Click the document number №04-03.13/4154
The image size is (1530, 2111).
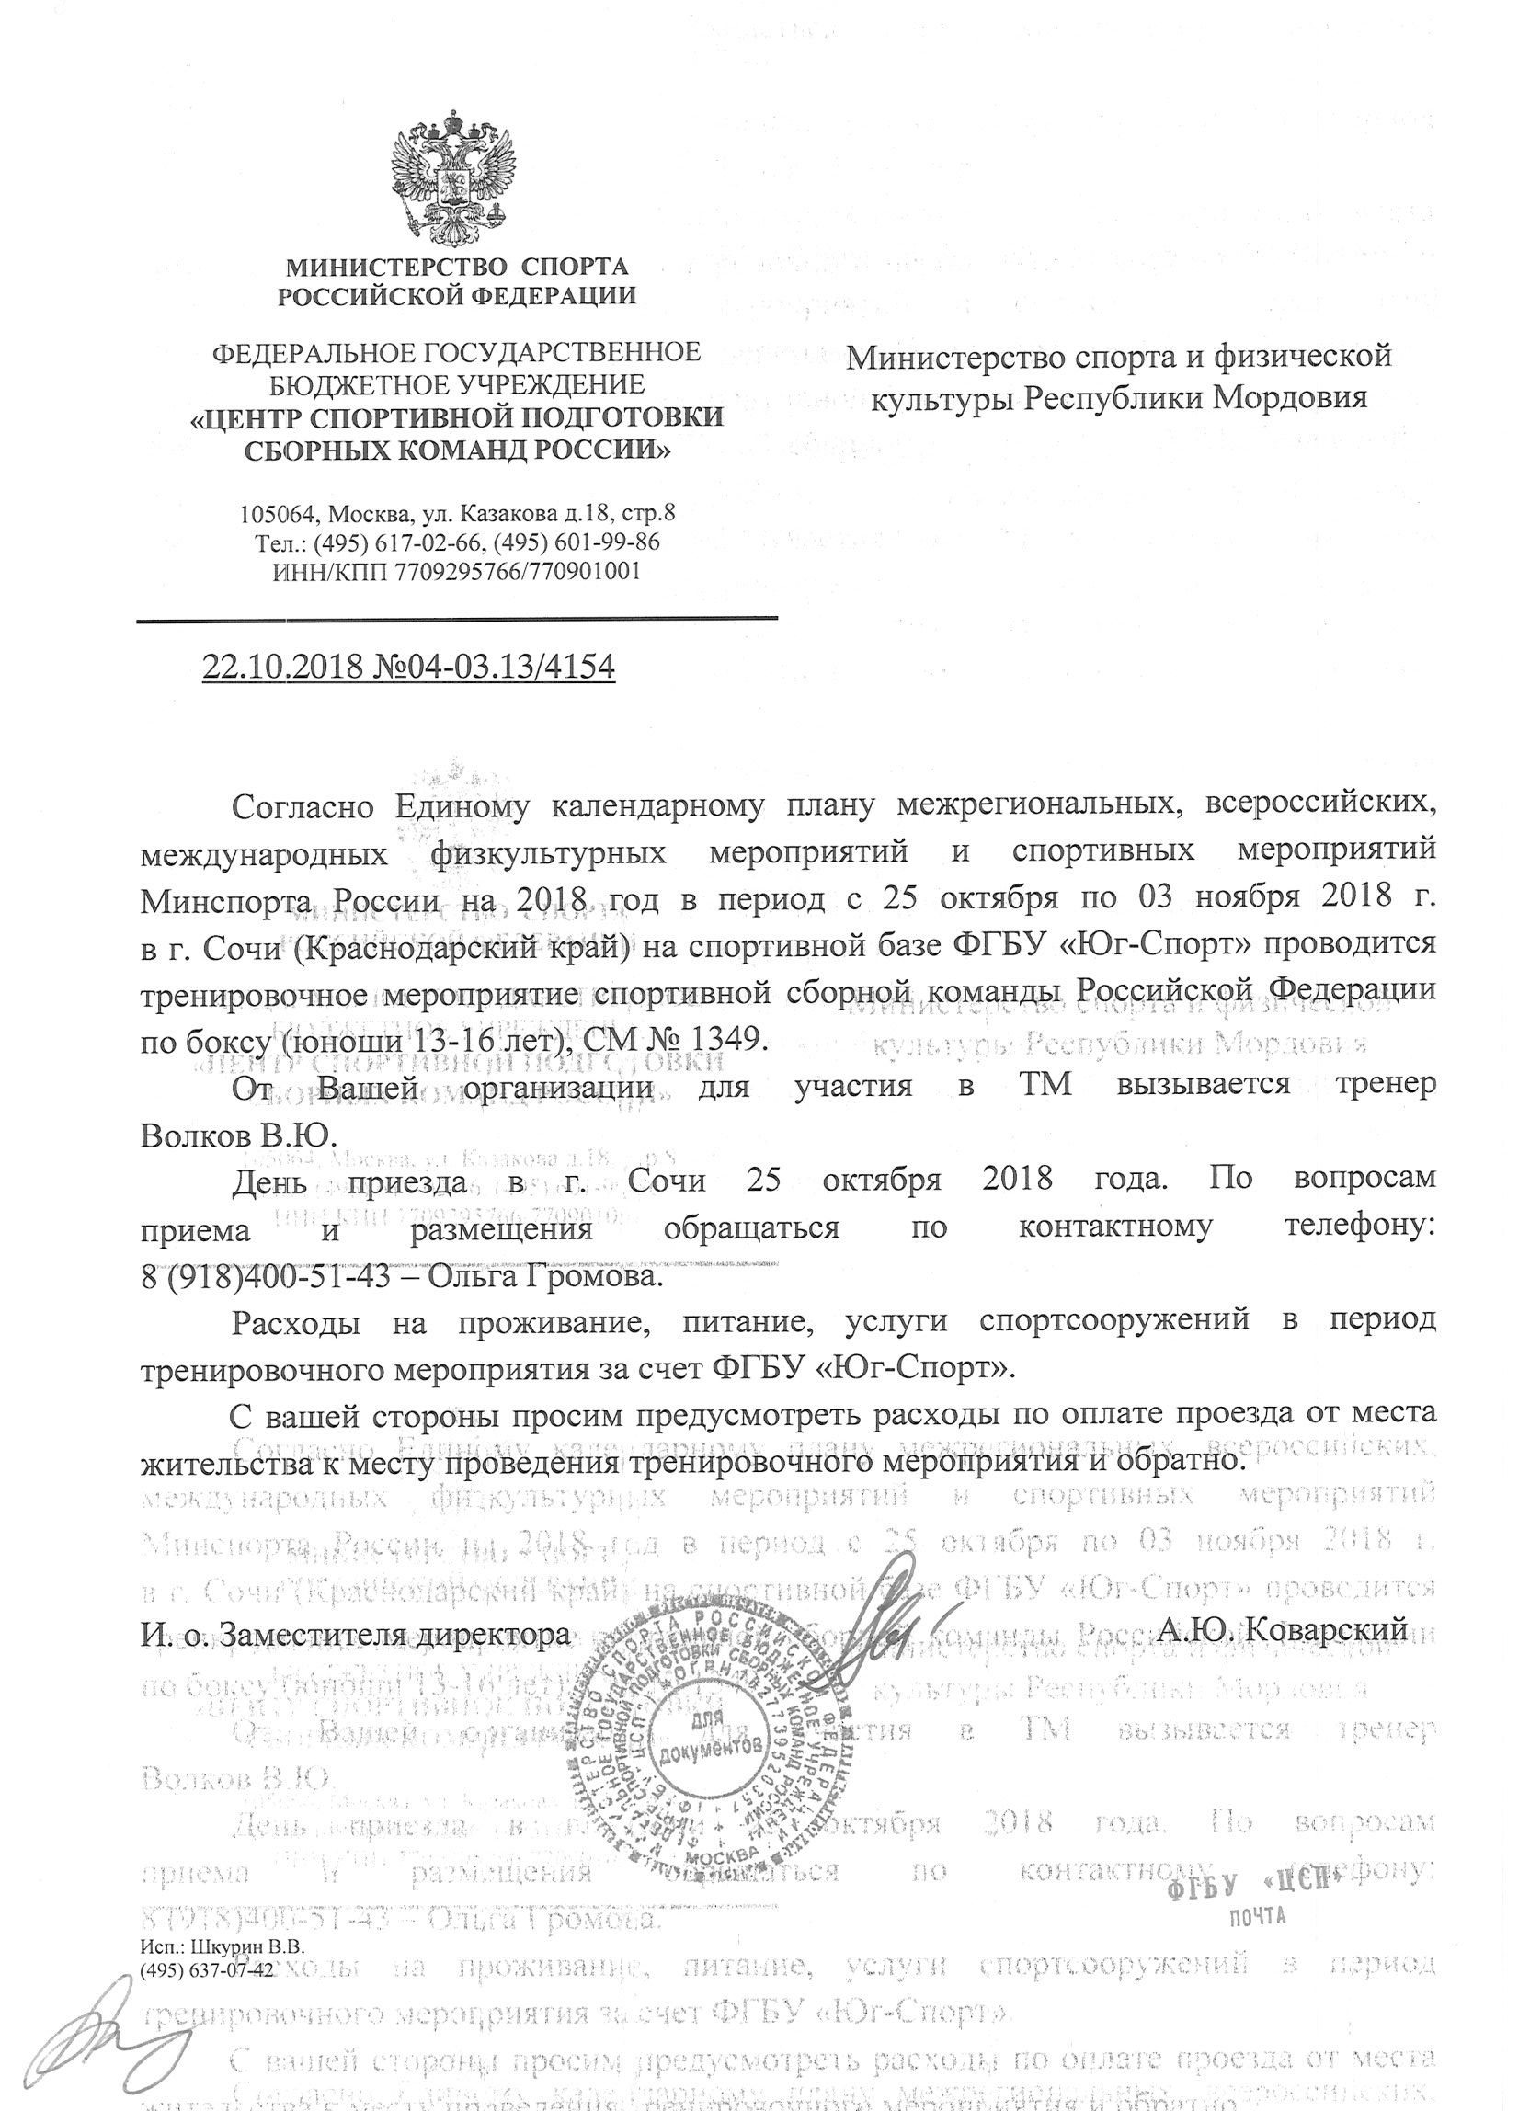[494, 668]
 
